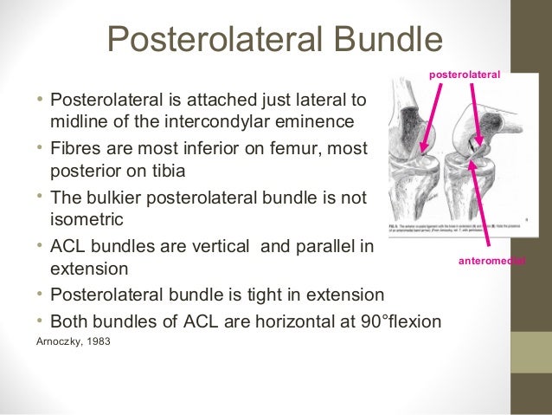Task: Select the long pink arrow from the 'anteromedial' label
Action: (485, 199)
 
